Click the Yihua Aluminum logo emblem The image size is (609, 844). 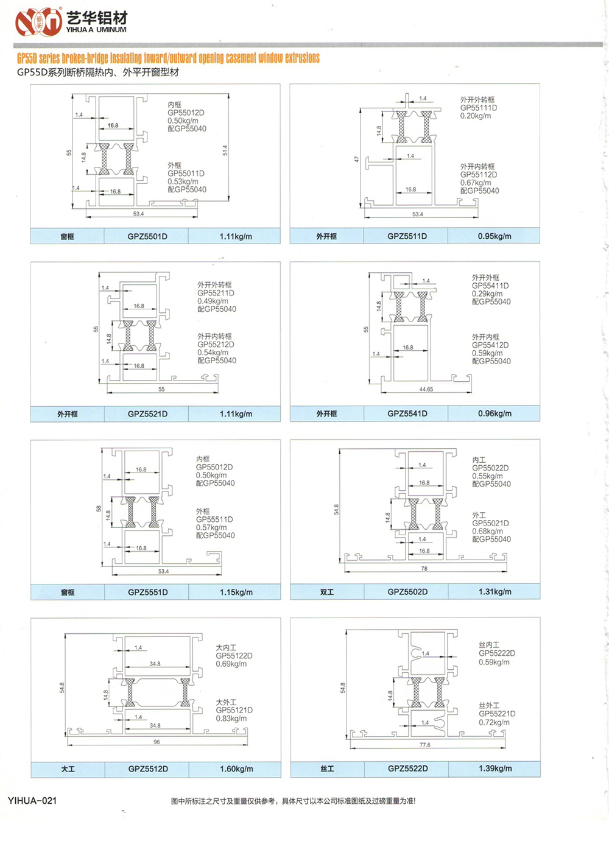[38, 22]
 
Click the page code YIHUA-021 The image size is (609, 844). [32, 800]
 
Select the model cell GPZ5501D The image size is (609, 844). [147, 236]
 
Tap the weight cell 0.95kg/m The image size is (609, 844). [495, 236]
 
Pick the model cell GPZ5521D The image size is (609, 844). [147, 414]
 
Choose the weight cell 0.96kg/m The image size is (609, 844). [495, 413]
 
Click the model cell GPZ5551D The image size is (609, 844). [148, 592]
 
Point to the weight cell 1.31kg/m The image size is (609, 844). [495, 591]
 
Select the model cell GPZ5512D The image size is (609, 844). [148, 769]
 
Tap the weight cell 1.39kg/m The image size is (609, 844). [495, 768]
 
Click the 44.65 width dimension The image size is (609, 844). [426, 389]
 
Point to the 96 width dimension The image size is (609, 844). [157, 742]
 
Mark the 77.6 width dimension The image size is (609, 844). [425, 745]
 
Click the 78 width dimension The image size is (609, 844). [424, 569]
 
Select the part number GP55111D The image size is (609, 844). [479, 108]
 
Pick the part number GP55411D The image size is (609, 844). [490, 286]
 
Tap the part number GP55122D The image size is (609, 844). [234, 656]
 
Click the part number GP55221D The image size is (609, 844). [497, 714]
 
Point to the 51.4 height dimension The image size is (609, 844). [225, 150]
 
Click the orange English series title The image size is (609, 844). [168, 58]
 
